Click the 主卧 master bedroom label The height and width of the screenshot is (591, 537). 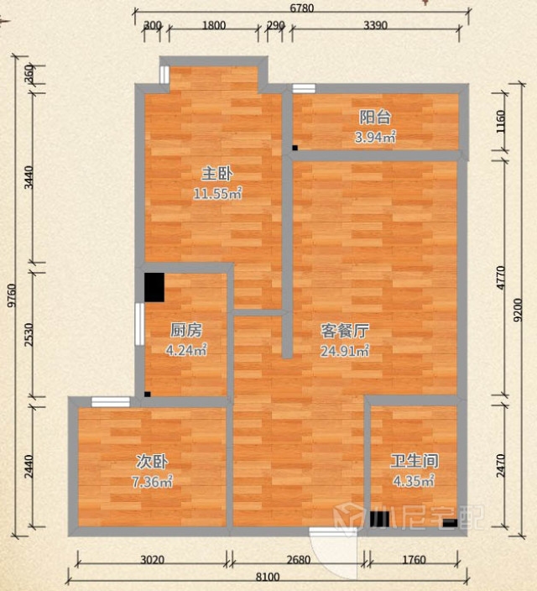tap(217, 174)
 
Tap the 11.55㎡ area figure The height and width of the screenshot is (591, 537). tap(217, 194)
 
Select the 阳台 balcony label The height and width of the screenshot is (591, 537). tap(374, 118)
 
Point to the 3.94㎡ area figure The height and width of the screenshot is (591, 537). tap(375, 137)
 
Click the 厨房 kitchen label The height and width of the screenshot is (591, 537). tap(186, 330)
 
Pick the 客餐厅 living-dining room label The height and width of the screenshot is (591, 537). tap(344, 331)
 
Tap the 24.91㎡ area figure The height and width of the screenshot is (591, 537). tap(345, 351)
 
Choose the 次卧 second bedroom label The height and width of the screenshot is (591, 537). tap(152, 462)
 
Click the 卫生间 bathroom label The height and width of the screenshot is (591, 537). tap(414, 461)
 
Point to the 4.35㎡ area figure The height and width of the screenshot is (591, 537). tap(414, 481)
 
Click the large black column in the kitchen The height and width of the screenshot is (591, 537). tap(154, 287)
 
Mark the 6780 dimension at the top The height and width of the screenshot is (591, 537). tap(301, 8)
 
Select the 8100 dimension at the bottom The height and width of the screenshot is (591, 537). tap(268, 577)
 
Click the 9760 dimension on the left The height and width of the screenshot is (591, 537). tap(13, 295)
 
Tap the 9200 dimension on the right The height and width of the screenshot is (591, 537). tap(519, 310)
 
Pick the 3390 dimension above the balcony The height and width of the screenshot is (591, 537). tap(375, 25)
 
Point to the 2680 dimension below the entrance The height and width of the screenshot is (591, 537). tap(299, 560)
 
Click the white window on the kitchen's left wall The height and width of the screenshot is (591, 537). tap(139, 324)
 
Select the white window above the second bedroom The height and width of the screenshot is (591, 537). tap(111, 402)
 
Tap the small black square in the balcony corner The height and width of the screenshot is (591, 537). tap(295, 148)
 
